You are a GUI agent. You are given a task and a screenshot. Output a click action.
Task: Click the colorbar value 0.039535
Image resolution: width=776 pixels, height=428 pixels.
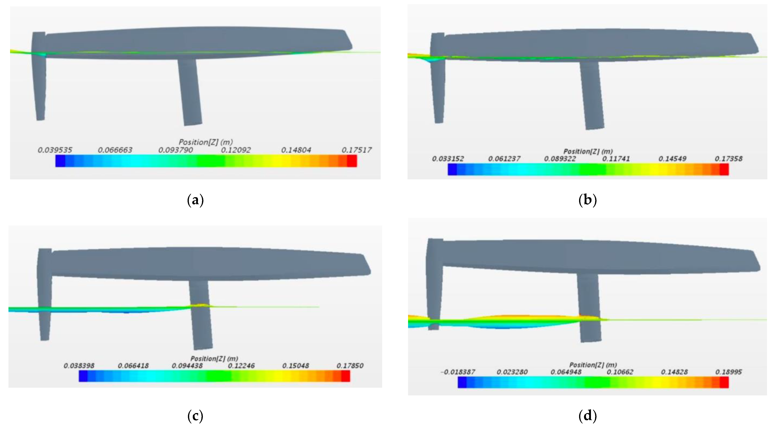(x=55, y=150)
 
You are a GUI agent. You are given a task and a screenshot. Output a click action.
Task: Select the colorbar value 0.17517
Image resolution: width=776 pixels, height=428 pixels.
(x=357, y=150)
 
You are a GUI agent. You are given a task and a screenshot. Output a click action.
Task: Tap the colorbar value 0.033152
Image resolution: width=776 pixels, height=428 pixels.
(x=448, y=158)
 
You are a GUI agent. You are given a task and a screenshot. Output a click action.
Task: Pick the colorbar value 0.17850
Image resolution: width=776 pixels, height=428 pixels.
(x=350, y=366)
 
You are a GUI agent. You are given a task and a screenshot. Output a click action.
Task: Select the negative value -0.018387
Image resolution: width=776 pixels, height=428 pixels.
(x=458, y=372)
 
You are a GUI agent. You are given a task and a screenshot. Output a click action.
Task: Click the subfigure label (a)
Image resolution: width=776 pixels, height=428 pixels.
(x=195, y=200)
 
